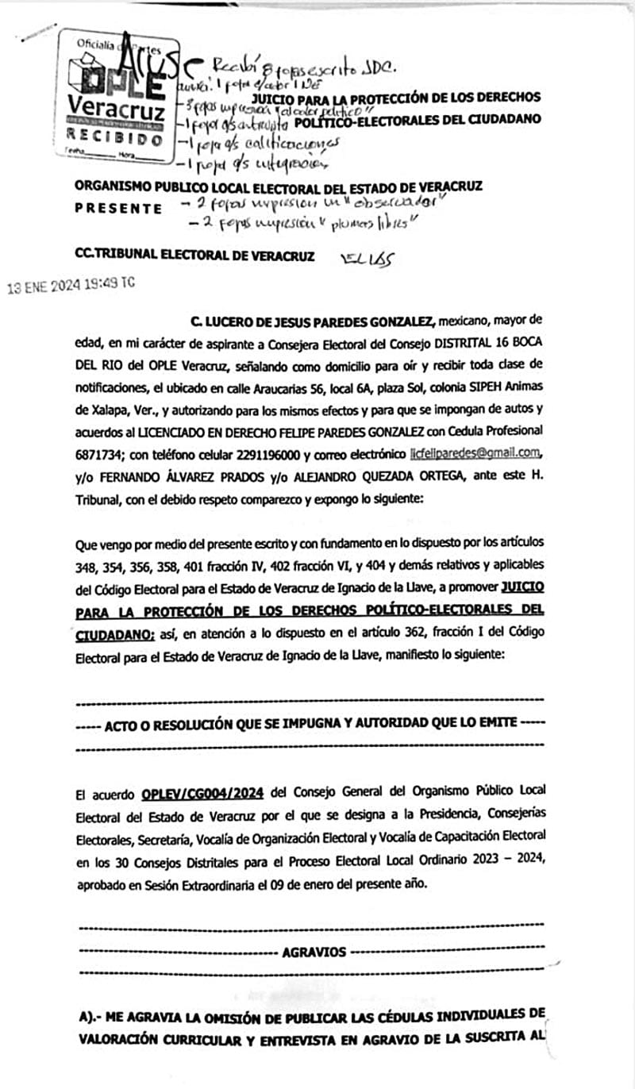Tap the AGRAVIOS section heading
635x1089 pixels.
(312, 952)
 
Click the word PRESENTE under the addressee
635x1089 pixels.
(119, 209)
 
